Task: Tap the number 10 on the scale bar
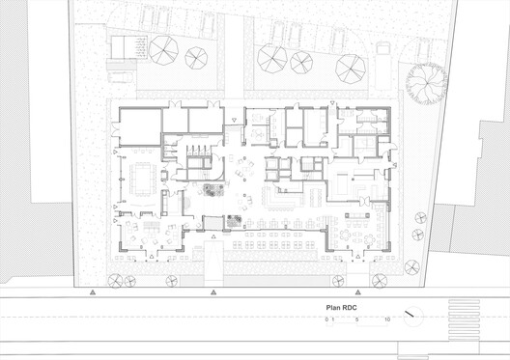(x=386, y=319)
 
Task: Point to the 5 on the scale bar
(x=357, y=319)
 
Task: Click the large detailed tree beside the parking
(x=426, y=85)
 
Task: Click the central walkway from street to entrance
(x=210, y=261)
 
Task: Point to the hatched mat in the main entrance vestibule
(x=233, y=222)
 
